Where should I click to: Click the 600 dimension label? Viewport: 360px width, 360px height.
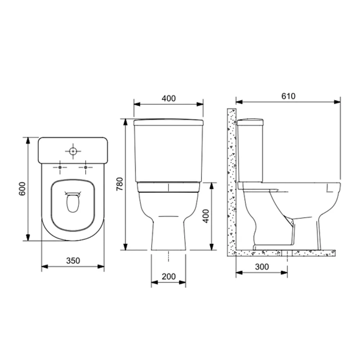tap(22, 189)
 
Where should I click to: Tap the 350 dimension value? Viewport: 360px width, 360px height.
tap(73, 261)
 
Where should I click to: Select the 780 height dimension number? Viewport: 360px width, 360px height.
tap(120, 184)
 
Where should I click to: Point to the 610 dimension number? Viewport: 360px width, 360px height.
tap(288, 96)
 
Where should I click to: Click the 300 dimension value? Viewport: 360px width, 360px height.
tap(262, 266)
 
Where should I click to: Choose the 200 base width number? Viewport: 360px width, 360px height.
tap(168, 276)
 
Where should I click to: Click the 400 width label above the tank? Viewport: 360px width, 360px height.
tap(168, 98)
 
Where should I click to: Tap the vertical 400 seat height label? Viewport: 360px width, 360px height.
tap(206, 216)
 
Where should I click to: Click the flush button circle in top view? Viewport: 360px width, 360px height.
tap(73, 151)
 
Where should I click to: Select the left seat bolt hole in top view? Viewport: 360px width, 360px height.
tap(60, 167)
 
